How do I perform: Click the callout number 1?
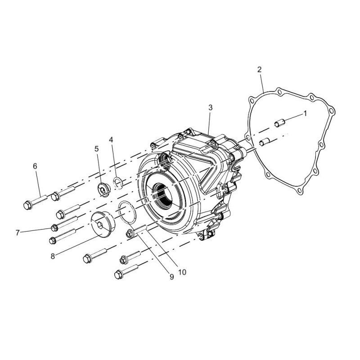tap(305, 113)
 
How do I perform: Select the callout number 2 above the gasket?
tap(259, 70)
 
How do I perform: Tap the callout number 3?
tap(210, 108)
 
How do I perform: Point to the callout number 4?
tap(111, 140)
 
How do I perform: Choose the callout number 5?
tap(97, 149)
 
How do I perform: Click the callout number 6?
tap(35, 166)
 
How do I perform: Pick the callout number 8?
tap(53, 256)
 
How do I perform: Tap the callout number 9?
tap(172, 277)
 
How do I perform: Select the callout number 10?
tap(182, 272)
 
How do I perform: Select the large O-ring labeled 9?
tap(127, 212)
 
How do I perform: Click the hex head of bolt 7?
tap(54, 228)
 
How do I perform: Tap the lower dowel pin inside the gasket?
tap(264, 142)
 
